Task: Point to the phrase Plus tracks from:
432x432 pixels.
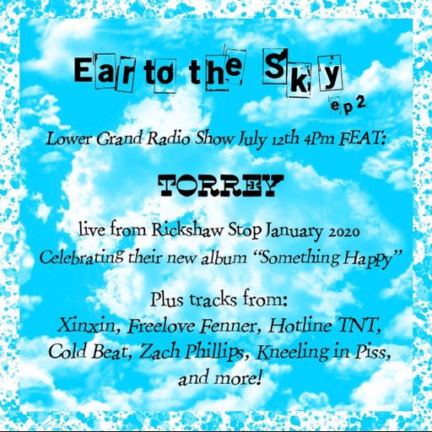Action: point(216,300)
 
